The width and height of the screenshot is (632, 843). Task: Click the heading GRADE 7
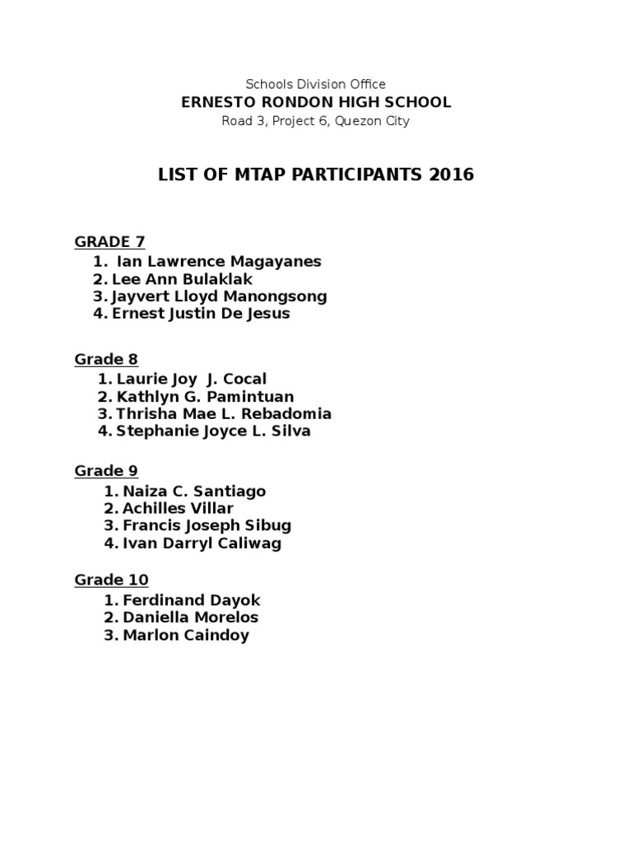[109, 241]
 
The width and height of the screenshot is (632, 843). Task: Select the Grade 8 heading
[106, 359]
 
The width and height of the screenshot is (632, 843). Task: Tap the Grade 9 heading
[106, 471]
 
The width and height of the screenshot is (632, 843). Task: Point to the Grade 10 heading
[111, 580]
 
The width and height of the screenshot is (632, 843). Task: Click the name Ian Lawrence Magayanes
[219, 262]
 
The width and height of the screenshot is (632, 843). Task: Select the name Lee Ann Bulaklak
[183, 279]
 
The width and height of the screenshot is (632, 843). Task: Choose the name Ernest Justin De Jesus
[201, 314]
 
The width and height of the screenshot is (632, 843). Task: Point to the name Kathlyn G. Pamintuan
[205, 397]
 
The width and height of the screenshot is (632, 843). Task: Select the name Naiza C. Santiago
[194, 491]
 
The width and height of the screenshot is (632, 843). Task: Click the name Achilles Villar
[178, 509]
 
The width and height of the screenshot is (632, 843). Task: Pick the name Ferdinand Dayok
[191, 601]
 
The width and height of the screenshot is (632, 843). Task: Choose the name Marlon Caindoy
[186, 636]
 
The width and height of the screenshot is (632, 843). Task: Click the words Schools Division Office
[316, 84]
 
